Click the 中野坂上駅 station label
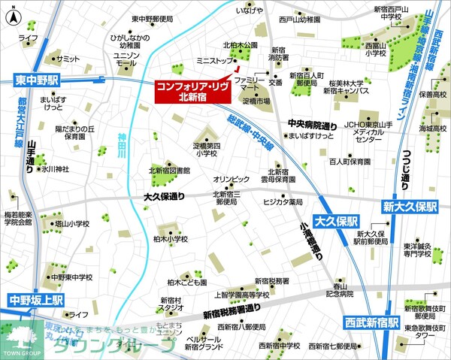point(37,299)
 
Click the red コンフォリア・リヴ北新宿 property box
point(192,90)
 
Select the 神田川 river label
point(122,144)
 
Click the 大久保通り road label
point(164,197)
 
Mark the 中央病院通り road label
point(311,125)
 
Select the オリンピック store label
point(230,180)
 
